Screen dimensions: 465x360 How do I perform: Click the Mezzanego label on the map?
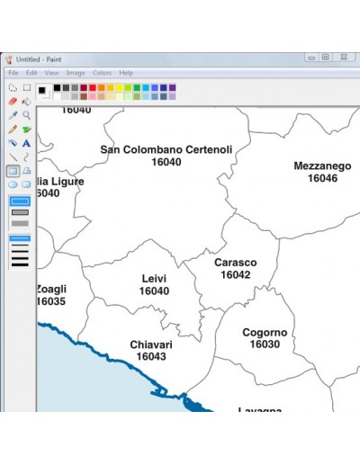(321, 165)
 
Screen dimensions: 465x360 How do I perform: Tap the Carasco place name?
(235, 263)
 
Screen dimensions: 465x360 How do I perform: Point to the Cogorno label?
(265, 332)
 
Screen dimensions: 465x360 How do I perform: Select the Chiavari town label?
(150, 344)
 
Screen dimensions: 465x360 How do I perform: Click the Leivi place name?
(154, 279)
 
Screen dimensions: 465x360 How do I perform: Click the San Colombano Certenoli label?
(166, 149)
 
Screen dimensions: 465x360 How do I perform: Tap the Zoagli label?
(50, 289)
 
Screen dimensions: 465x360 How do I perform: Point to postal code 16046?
(321, 178)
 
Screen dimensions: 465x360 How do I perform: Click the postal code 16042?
(235, 274)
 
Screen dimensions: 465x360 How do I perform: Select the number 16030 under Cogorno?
(265, 344)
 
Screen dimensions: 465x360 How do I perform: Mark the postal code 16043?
(150, 357)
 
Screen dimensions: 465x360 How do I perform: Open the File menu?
(13, 73)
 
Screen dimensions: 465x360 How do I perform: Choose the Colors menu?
(102, 73)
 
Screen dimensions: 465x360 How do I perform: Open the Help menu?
(126, 73)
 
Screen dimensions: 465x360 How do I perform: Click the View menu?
(52, 73)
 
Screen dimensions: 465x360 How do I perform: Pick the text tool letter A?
(27, 142)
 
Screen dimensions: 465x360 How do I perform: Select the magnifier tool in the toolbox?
(27, 115)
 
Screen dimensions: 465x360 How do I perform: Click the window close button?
(343, 57)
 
